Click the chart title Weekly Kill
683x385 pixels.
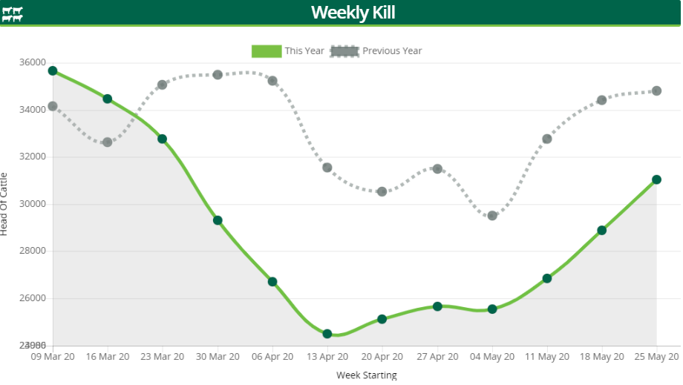[x=353, y=13]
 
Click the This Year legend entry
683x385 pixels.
[x=288, y=50]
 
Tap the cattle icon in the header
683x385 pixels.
[x=13, y=14]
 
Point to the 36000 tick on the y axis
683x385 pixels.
[x=32, y=63]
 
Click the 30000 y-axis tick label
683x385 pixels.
[x=32, y=204]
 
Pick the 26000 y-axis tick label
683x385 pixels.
[x=32, y=298]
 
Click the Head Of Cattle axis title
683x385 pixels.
[x=5, y=203]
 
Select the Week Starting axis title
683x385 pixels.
[x=367, y=375]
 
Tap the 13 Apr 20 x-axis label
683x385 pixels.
[x=327, y=357]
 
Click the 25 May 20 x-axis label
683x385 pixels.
[x=657, y=357]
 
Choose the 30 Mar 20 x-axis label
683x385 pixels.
[x=218, y=357]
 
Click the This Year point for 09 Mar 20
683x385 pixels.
[x=53, y=71]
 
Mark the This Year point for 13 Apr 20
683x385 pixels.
[x=327, y=334]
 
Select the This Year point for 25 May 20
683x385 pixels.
[x=657, y=180]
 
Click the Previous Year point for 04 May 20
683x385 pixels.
[x=492, y=216]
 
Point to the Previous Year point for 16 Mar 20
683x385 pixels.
[x=108, y=142]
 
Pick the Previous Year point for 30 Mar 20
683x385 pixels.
[x=218, y=75]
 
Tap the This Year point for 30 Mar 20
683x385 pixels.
[x=218, y=220]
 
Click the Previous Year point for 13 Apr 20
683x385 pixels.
[x=327, y=168]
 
